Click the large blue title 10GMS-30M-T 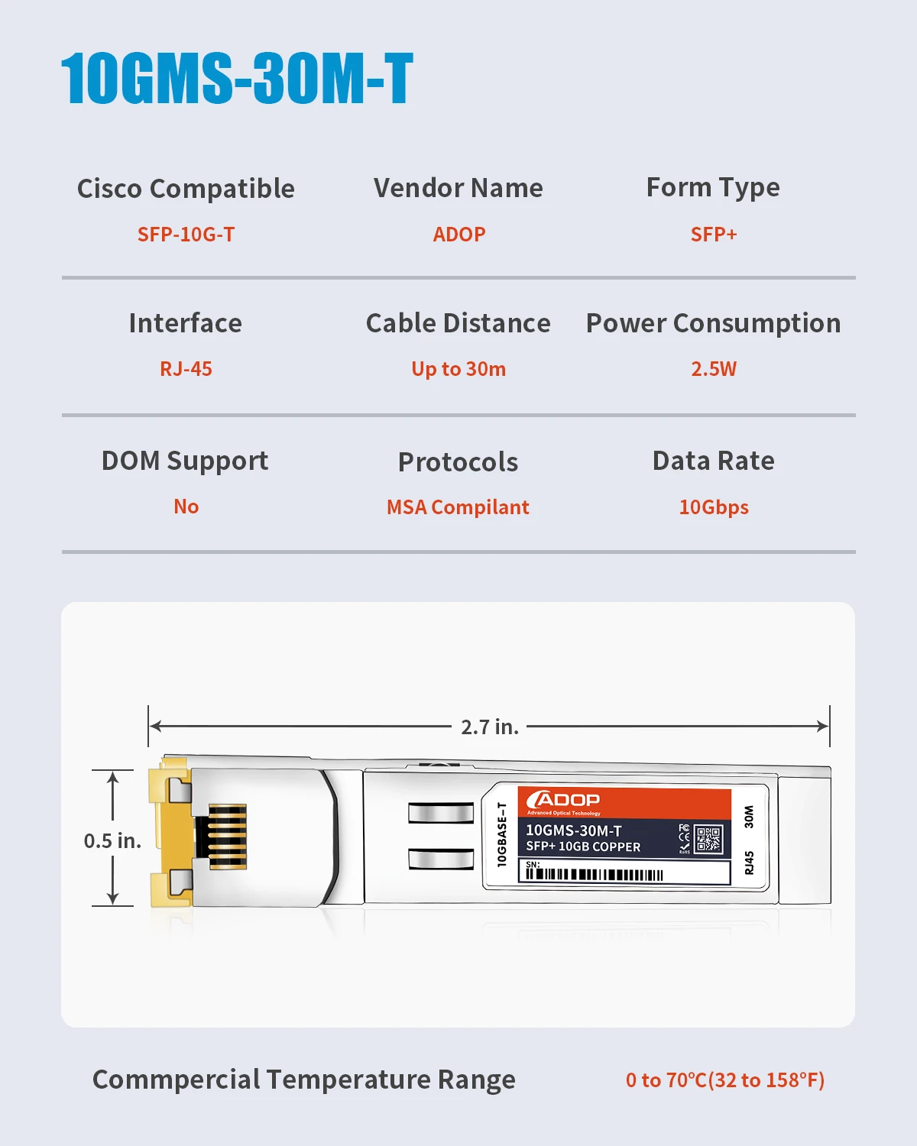click(237, 78)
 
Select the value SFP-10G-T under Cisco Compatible click(186, 235)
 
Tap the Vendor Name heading click(458, 188)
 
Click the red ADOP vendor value click(458, 235)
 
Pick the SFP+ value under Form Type click(713, 235)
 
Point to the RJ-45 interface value click(186, 369)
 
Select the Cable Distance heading click(458, 323)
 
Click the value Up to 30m click(458, 369)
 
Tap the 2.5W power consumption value click(713, 369)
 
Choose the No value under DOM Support click(186, 507)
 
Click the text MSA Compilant click(458, 507)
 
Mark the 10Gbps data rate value click(713, 507)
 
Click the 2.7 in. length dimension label click(489, 727)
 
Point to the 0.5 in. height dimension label click(112, 841)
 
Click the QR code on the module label click(708, 840)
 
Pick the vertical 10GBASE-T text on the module click(502, 834)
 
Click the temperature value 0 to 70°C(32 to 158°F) click(724, 1080)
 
